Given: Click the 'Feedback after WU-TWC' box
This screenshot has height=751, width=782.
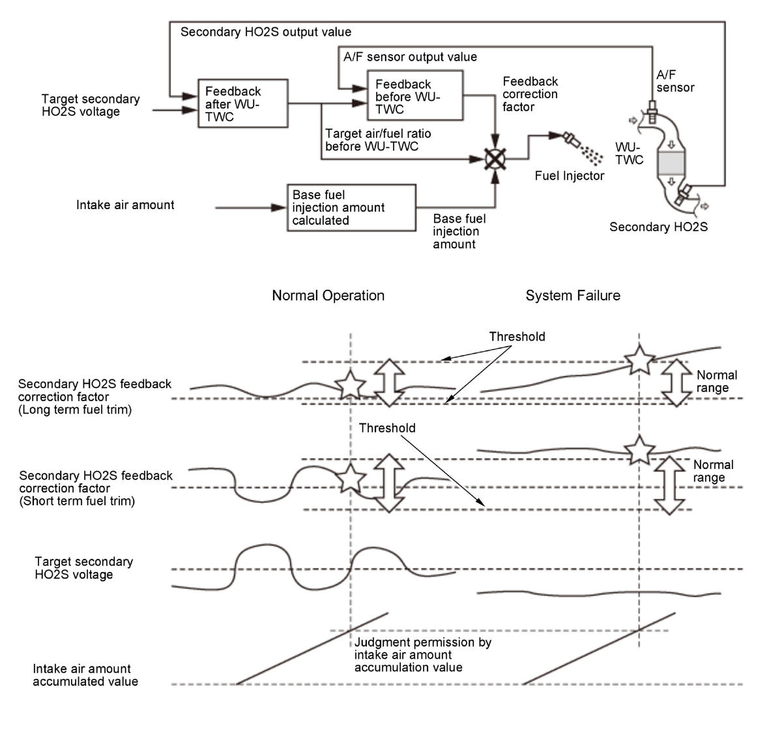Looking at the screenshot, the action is click(x=243, y=104).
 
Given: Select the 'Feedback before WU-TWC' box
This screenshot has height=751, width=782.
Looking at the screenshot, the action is click(x=415, y=96).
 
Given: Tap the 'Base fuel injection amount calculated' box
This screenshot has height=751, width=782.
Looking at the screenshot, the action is click(x=352, y=208).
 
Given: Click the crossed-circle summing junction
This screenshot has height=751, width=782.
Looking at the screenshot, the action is click(x=495, y=159).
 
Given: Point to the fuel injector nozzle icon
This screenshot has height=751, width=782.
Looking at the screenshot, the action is click(x=571, y=140).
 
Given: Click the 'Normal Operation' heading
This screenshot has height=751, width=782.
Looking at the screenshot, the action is click(x=328, y=296).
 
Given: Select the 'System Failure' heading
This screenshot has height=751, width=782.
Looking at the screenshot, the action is click(x=573, y=296).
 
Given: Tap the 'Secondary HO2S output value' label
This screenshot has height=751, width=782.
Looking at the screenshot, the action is click(x=266, y=32).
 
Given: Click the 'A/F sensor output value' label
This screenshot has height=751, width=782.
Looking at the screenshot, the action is click(x=410, y=57).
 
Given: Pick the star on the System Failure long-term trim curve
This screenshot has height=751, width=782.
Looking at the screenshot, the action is click(x=639, y=360).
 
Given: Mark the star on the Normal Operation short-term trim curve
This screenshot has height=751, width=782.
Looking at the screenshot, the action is click(x=351, y=478).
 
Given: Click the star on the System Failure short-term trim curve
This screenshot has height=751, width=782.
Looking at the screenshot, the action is click(x=639, y=450).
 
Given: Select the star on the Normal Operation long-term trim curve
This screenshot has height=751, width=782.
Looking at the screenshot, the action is click(x=351, y=384).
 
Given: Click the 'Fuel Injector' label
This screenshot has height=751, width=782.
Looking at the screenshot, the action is click(x=569, y=176).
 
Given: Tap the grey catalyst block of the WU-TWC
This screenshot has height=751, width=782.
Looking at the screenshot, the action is click(x=671, y=163).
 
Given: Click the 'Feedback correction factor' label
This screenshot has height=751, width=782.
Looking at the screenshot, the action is click(x=530, y=94).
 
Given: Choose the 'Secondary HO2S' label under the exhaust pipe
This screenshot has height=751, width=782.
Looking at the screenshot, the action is click(x=658, y=227).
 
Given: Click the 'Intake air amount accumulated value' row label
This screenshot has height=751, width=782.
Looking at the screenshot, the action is click(x=85, y=675).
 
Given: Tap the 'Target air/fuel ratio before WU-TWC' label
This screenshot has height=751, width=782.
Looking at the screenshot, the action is click(x=378, y=140).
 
